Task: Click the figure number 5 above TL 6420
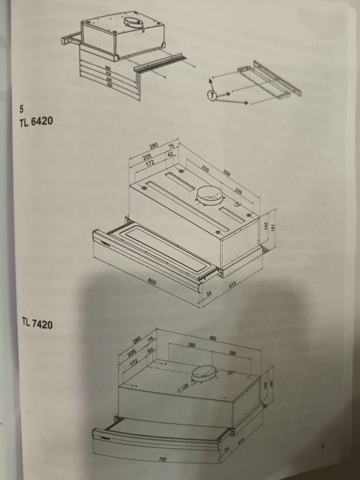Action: coord(22,108)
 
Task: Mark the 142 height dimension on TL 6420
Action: coord(265,226)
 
